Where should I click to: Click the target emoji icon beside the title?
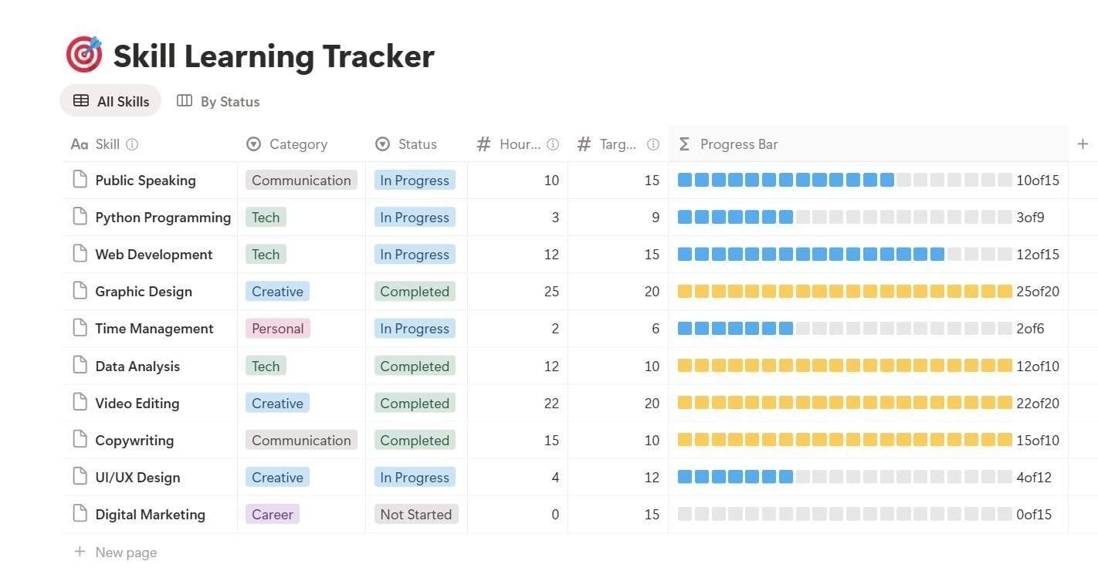[84, 54]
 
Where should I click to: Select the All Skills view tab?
[110, 101]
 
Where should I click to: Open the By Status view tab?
[218, 101]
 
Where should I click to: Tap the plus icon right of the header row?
[1083, 144]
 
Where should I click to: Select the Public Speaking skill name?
[146, 181]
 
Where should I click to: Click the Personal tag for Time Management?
[277, 328]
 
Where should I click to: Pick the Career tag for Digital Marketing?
[272, 514]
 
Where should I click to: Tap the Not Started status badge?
[415, 514]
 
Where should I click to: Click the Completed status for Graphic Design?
[415, 291]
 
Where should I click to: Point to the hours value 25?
[551, 292]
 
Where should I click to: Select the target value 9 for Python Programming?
[656, 217]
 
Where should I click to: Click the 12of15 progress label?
[1038, 255]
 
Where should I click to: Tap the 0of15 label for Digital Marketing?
[1034, 514]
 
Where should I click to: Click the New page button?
[116, 553]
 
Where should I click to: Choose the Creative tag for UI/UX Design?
[277, 477]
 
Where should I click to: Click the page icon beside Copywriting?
[80, 439]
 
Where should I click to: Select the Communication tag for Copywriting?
[301, 440]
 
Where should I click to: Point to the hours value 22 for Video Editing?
[551, 404]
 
